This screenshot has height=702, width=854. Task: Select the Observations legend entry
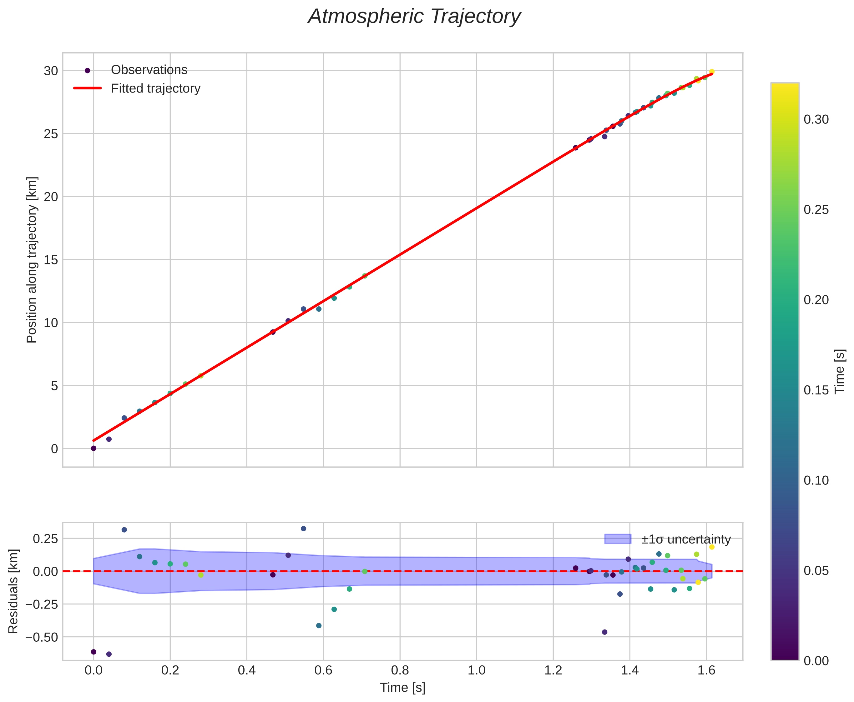coord(149,70)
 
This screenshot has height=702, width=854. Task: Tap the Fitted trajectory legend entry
coord(155,88)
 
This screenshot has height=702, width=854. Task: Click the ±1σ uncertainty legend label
coord(686,539)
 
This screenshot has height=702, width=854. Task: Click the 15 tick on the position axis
coord(51,260)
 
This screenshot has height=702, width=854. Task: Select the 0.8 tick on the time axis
coord(400,670)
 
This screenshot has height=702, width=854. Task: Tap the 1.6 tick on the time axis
coord(706,670)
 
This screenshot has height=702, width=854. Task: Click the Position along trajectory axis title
coord(32,260)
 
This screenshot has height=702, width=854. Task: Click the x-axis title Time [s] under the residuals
coord(402,687)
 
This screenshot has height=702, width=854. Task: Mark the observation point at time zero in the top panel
coord(93,448)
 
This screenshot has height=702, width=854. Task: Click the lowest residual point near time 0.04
coord(109,654)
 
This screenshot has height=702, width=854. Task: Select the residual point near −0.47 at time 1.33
coord(604,632)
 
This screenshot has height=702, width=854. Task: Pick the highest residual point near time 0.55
coord(303,529)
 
